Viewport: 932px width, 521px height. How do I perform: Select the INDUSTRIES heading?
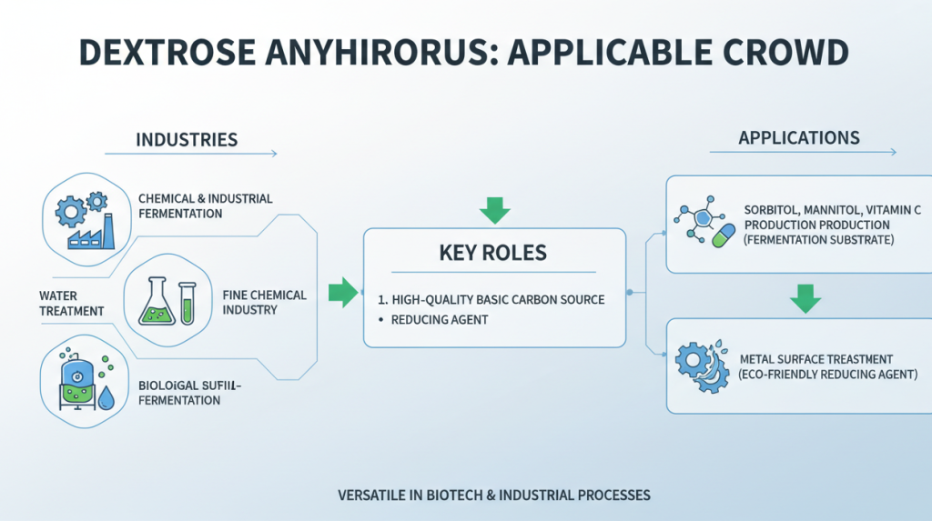click(x=187, y=140)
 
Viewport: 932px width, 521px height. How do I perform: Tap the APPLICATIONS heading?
click(x=799, y=138)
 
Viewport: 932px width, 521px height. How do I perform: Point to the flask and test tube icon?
click(x=167, y=299)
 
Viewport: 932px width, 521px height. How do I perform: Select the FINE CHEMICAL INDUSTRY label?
click(x=264, y=302)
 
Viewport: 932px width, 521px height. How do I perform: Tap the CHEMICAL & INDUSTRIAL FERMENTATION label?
click(x=205, y=205)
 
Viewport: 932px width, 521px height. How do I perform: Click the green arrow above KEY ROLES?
click(x=494, y=209)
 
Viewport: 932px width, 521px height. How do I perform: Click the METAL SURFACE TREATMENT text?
click(x=815, y=359)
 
